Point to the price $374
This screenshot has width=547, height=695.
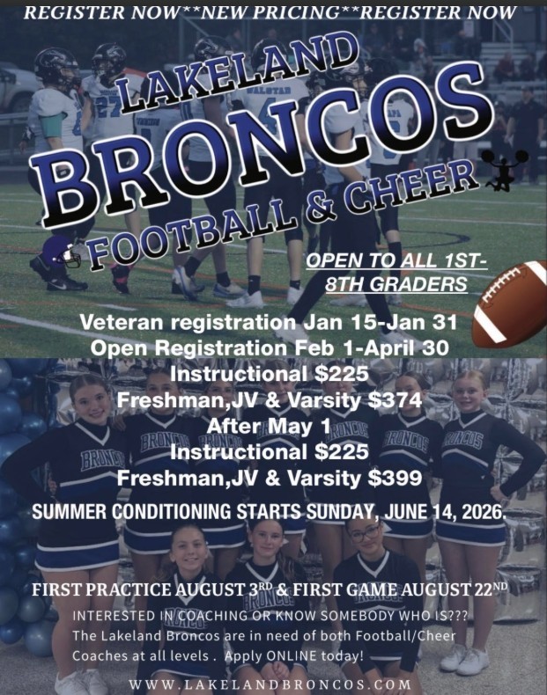tap(393, 402)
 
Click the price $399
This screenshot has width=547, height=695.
tap(393, 479)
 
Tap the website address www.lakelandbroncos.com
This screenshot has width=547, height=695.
tap(270, 684)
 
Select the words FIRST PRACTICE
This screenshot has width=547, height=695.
tap(92, 589)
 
